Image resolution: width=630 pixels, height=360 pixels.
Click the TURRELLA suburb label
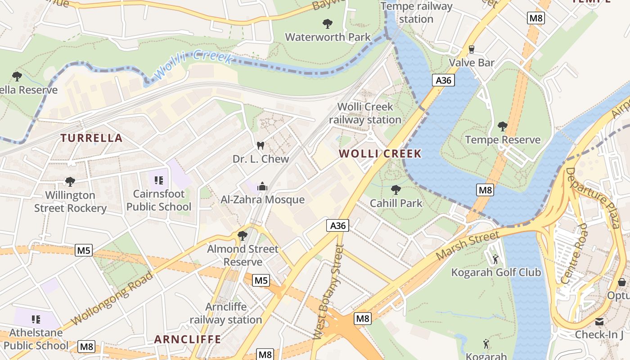92,138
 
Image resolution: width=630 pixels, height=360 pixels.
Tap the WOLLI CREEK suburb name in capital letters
380,153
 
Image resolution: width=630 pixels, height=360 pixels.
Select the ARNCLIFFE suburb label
188,339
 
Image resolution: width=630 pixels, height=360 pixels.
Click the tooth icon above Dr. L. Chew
260,145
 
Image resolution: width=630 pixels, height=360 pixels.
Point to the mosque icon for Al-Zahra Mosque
262,186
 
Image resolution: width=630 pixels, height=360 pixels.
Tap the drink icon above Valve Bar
472,49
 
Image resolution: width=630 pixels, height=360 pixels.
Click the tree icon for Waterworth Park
328,23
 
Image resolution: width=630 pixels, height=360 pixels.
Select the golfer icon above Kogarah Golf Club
495,259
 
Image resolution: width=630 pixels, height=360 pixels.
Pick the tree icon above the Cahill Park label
396,189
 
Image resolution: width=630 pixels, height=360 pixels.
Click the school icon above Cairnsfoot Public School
158,180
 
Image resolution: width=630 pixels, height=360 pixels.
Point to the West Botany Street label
328,292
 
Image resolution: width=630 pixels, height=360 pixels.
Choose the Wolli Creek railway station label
365,113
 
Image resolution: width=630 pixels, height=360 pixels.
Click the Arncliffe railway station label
226,313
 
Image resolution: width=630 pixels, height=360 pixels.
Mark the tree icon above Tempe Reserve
503,126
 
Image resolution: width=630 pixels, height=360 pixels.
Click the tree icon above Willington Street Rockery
70,182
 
